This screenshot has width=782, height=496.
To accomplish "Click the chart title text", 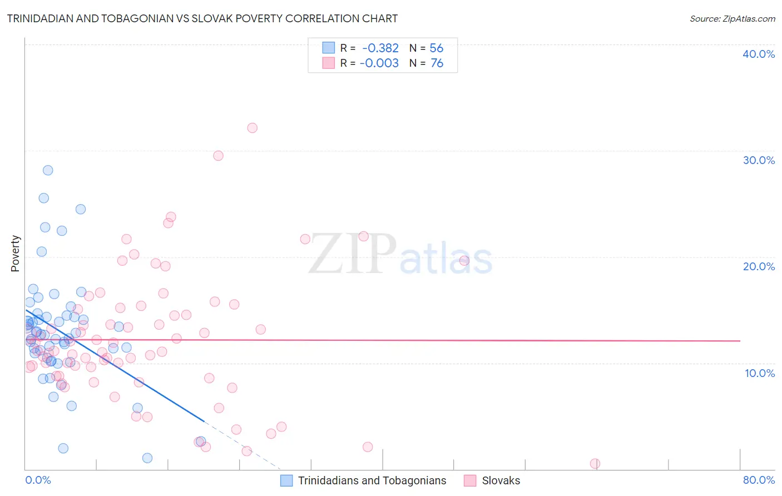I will [x=202, y=18].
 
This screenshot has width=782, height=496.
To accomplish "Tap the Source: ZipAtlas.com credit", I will [x=732, y=18].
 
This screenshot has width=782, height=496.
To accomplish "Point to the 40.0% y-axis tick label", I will [x=759, y=54].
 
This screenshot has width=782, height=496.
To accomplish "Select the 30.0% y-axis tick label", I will [x=759, y=160].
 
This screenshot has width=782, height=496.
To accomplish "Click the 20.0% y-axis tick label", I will [x=759, y=266].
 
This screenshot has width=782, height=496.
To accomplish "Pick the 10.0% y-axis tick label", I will [x=759, y=373].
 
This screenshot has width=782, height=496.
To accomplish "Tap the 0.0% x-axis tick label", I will [x=38, y=480].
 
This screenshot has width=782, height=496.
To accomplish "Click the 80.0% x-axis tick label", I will [x=759, y=480].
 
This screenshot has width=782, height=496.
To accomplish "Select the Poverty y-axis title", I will [x=15, y=254].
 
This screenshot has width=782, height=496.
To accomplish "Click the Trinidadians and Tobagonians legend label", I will [x=372, y=480].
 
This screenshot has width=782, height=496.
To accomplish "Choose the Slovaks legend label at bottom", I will [x=501, y=480].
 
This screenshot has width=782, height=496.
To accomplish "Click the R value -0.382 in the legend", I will [x=380, y=48].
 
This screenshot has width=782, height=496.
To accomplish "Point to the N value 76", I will [x=437, y=63].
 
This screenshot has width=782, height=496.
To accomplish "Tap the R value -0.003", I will [x=379, y=63].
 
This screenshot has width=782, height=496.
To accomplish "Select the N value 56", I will [x=437, y=48].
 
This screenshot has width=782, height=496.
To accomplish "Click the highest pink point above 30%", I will [x=252, y=128].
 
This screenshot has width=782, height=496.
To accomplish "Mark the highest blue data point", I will [x=48, y=170].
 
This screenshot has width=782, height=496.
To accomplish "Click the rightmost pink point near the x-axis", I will [x=595, y=464].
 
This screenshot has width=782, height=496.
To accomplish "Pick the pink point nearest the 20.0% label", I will [x=464, y=261].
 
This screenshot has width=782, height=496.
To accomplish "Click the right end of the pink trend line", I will [x=740, y=340].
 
